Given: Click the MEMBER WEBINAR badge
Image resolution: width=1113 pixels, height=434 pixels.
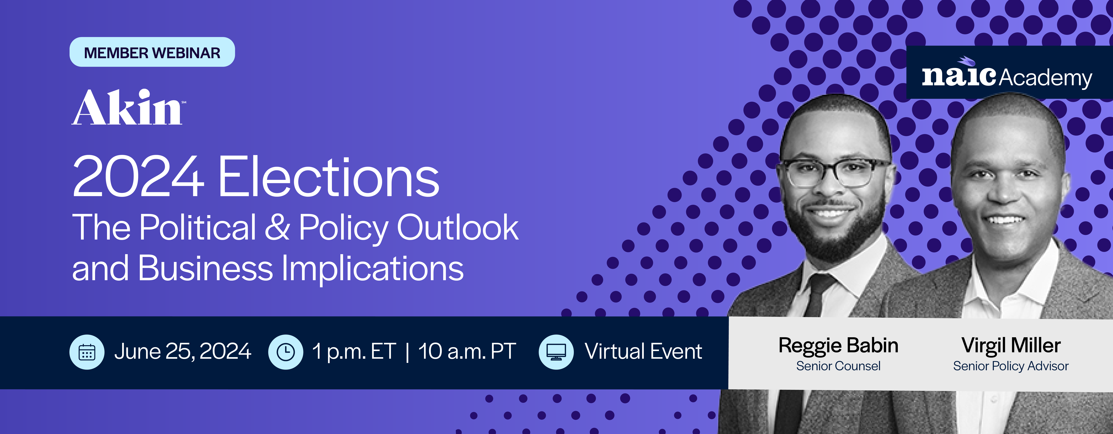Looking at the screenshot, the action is (x=152, y=52).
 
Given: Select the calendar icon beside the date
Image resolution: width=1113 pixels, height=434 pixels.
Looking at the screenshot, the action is (x=87, y=352).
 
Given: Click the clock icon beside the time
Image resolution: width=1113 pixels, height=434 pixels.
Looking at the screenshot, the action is (x=286, y=352).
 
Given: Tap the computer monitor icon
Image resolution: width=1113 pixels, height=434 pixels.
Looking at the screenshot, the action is (x=556, y=352).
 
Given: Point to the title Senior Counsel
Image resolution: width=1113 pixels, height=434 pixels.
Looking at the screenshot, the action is (x=838, y=366).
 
